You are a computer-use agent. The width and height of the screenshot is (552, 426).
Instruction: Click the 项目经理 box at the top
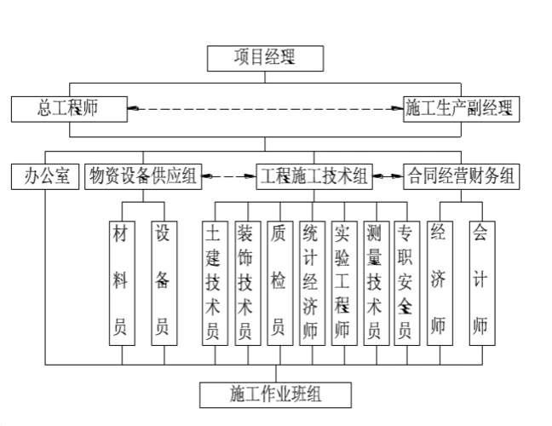pos(266,58)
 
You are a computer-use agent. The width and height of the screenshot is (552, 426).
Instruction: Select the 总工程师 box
pos(69,108)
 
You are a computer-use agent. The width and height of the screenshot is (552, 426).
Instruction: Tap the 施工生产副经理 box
pos(460,108)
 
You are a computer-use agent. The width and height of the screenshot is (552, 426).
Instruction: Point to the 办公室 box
pos(44,176)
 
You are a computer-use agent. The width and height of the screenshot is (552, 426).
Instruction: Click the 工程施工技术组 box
pos(314,176)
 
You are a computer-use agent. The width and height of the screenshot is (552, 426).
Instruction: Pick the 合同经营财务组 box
pos(460,176)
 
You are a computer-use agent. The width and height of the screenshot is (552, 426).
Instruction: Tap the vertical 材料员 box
pos(120,282)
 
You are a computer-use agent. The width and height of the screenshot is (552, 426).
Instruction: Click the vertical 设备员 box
pos(162,282)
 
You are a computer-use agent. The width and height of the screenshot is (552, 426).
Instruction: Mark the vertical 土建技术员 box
pos(212,282)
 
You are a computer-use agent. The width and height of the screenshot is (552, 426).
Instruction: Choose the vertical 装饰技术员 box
pos(244,282)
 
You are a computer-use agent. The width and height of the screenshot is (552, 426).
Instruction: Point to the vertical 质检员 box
pos(277,282)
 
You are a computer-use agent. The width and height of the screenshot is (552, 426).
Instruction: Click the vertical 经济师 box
pos(439,282)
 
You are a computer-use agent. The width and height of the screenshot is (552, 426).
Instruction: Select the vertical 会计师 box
pos(480,282)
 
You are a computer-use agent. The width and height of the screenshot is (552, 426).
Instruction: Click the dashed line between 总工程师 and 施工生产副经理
pos(265,108)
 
